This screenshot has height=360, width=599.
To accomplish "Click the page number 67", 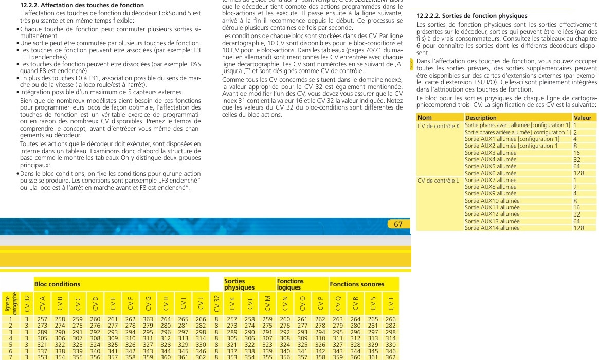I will point(398,224).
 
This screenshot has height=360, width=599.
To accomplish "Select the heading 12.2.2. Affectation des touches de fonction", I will point(82,5).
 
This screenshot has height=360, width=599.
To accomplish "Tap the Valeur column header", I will point(583,118).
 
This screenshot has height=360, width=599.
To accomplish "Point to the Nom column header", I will point(425,118).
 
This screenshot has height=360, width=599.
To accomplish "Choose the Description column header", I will point(481,118).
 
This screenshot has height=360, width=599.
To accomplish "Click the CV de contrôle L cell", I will point(438,181).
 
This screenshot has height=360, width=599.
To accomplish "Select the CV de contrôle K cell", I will point(438,125).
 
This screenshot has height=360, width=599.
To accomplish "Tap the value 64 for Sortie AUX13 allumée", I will point(576,221).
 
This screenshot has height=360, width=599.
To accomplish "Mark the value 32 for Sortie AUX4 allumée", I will point(576,160).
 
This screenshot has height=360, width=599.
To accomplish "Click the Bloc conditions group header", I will point(57,284).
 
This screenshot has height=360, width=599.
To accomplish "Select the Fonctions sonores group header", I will point(357,284).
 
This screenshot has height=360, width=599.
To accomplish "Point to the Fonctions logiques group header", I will point(291,284).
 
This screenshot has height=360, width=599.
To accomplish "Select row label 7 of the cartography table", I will point(10,357).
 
